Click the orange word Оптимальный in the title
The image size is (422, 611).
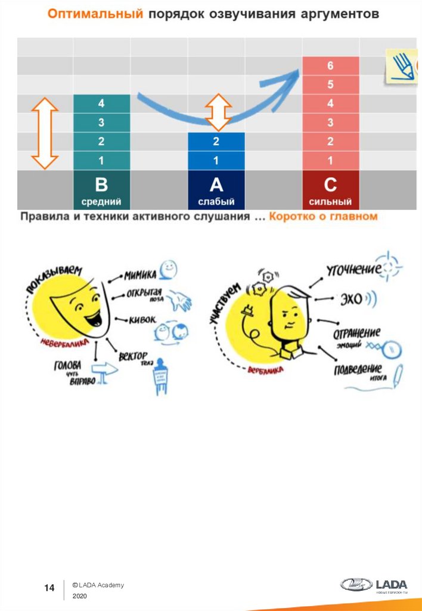point(95,14)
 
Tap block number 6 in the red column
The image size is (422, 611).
point(330,66)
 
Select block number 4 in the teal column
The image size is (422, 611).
point(101,104)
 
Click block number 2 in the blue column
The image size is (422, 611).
point(216,142)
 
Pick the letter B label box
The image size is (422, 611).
point(101,190)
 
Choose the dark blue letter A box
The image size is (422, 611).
point(216,190)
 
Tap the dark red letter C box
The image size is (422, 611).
point(330,190)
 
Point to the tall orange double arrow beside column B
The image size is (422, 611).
point(44,133)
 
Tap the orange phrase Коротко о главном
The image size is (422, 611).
point(323,217)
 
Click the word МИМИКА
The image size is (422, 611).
point(140,275)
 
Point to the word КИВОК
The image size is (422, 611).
point(142,320)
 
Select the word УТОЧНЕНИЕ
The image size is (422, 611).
point(353,270)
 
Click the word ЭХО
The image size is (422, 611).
point(352,299)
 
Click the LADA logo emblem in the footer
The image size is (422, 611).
point(356,584)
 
